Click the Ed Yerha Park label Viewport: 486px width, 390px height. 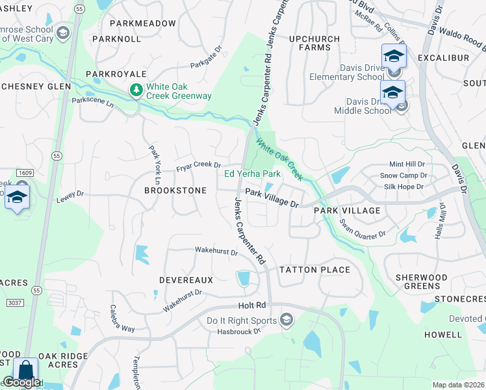pos(252,174)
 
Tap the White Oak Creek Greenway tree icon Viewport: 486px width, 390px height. pos(136,90)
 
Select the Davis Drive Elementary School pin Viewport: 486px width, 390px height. pos(394,57)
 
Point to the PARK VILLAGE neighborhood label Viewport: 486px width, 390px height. pos(347,211)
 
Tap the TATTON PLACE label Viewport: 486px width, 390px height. pos(314,270)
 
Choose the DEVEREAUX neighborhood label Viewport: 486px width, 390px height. pos(186,279)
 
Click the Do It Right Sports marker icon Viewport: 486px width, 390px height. pos(286,319)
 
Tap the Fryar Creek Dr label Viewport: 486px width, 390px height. pos(199,168)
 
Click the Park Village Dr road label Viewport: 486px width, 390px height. pos(272,198)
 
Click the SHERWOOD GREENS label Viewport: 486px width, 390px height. pos(422,282)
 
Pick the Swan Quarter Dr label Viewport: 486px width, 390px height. pos(363,227)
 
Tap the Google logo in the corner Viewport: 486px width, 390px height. pos(21,383)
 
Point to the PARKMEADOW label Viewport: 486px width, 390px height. pos(143,23)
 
